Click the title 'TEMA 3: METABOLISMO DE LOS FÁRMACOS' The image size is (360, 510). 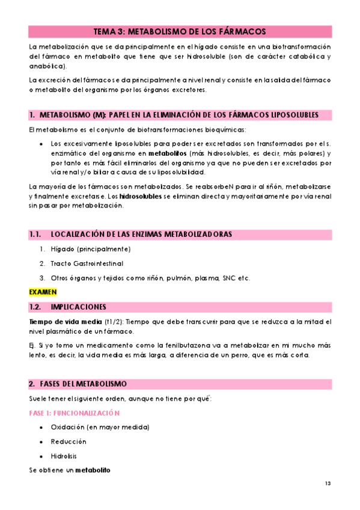pos(180,32)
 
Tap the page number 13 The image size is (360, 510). pos(328,484)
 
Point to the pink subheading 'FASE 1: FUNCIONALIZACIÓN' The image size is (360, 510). pos(75,413)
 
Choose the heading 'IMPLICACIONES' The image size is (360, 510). pos(79,307)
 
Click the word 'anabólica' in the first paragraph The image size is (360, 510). pos(47,66)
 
